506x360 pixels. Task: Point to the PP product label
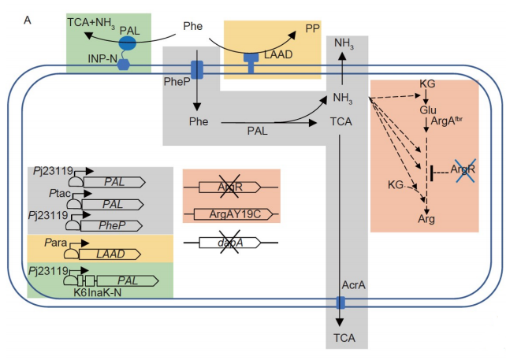coord(313,28)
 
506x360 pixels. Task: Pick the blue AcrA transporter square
coord(340,303)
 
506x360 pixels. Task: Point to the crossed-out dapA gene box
coord(229,243)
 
